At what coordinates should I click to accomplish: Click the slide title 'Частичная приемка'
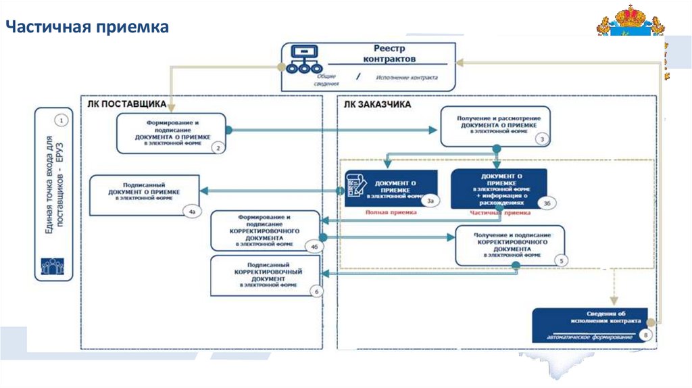coord(87,27)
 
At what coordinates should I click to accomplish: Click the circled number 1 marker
coord(61,121)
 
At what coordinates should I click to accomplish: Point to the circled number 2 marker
coord(217,146)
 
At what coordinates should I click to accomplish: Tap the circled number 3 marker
coord(541,139)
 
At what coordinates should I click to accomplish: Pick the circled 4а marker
coord(192,212)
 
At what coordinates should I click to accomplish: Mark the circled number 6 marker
coord(315,291)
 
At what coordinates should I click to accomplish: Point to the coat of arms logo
coord(631,22)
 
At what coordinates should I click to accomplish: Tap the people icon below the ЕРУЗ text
coord(55,264)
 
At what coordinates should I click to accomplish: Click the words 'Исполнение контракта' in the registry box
coord(407,77)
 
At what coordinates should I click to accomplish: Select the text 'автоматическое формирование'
coord(585,336)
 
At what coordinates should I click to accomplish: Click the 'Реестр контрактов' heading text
coord(393,54)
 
